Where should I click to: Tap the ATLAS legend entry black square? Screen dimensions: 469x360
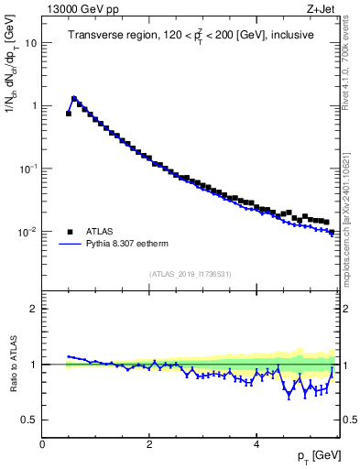pyautogui.click(x=70, y=232)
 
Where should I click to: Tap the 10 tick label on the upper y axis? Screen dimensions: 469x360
pyautogui.click(x=31, y=43)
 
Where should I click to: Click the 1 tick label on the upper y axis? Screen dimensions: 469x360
pyautogui.click(x=34, y=106)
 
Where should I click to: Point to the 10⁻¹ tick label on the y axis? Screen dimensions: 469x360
pyautogui.click(x=29, y=169)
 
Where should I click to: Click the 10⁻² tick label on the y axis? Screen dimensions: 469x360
pyautogui.click(x=29, y=232)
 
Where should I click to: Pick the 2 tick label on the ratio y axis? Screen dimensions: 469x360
pyautogui.click(x=34, y=309)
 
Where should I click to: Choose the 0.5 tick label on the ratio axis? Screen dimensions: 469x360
pyautogui.click(x=30, y=420)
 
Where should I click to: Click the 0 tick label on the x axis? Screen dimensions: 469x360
pyautogui.click(x=42, y=443)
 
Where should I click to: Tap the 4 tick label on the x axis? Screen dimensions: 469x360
pyautogui.click(x=256, y=443)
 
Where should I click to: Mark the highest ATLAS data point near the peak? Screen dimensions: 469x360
pyautogui.click(x=74, y=99)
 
